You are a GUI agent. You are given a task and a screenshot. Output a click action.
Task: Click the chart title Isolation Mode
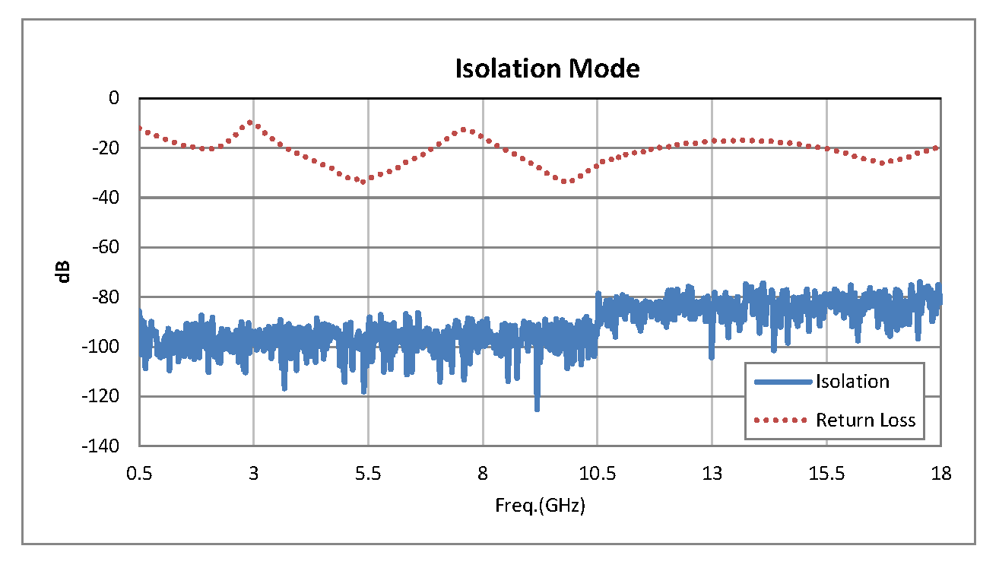[547, 68]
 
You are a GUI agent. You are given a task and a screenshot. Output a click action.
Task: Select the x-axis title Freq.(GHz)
[540, 506]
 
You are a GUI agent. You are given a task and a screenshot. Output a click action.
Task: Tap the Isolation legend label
[852, 382]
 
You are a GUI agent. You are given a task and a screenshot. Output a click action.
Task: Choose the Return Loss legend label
[866, 420]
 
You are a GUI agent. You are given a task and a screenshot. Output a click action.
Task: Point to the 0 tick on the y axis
[115, 98]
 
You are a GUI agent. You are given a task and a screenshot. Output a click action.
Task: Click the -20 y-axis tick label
[107, 148]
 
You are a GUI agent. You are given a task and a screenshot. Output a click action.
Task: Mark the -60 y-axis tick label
[107, 247]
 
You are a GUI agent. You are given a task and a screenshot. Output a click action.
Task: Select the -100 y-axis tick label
[104, 347]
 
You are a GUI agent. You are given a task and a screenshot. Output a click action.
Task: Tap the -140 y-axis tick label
[104, 446]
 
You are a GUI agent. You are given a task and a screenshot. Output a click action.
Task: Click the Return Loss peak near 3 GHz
[251, 122]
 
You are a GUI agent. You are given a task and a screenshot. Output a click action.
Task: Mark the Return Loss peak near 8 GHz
[465, 130]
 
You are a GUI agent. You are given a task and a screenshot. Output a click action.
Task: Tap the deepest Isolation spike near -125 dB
[537, 408]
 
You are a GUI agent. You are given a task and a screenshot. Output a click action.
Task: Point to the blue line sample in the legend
[783, 382]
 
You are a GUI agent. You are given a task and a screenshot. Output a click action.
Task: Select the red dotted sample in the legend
[783, 420]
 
